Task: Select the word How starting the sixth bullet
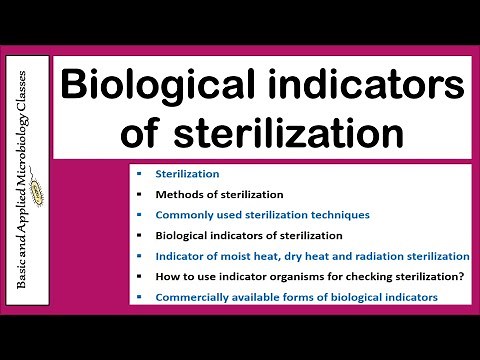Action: (166, 276)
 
